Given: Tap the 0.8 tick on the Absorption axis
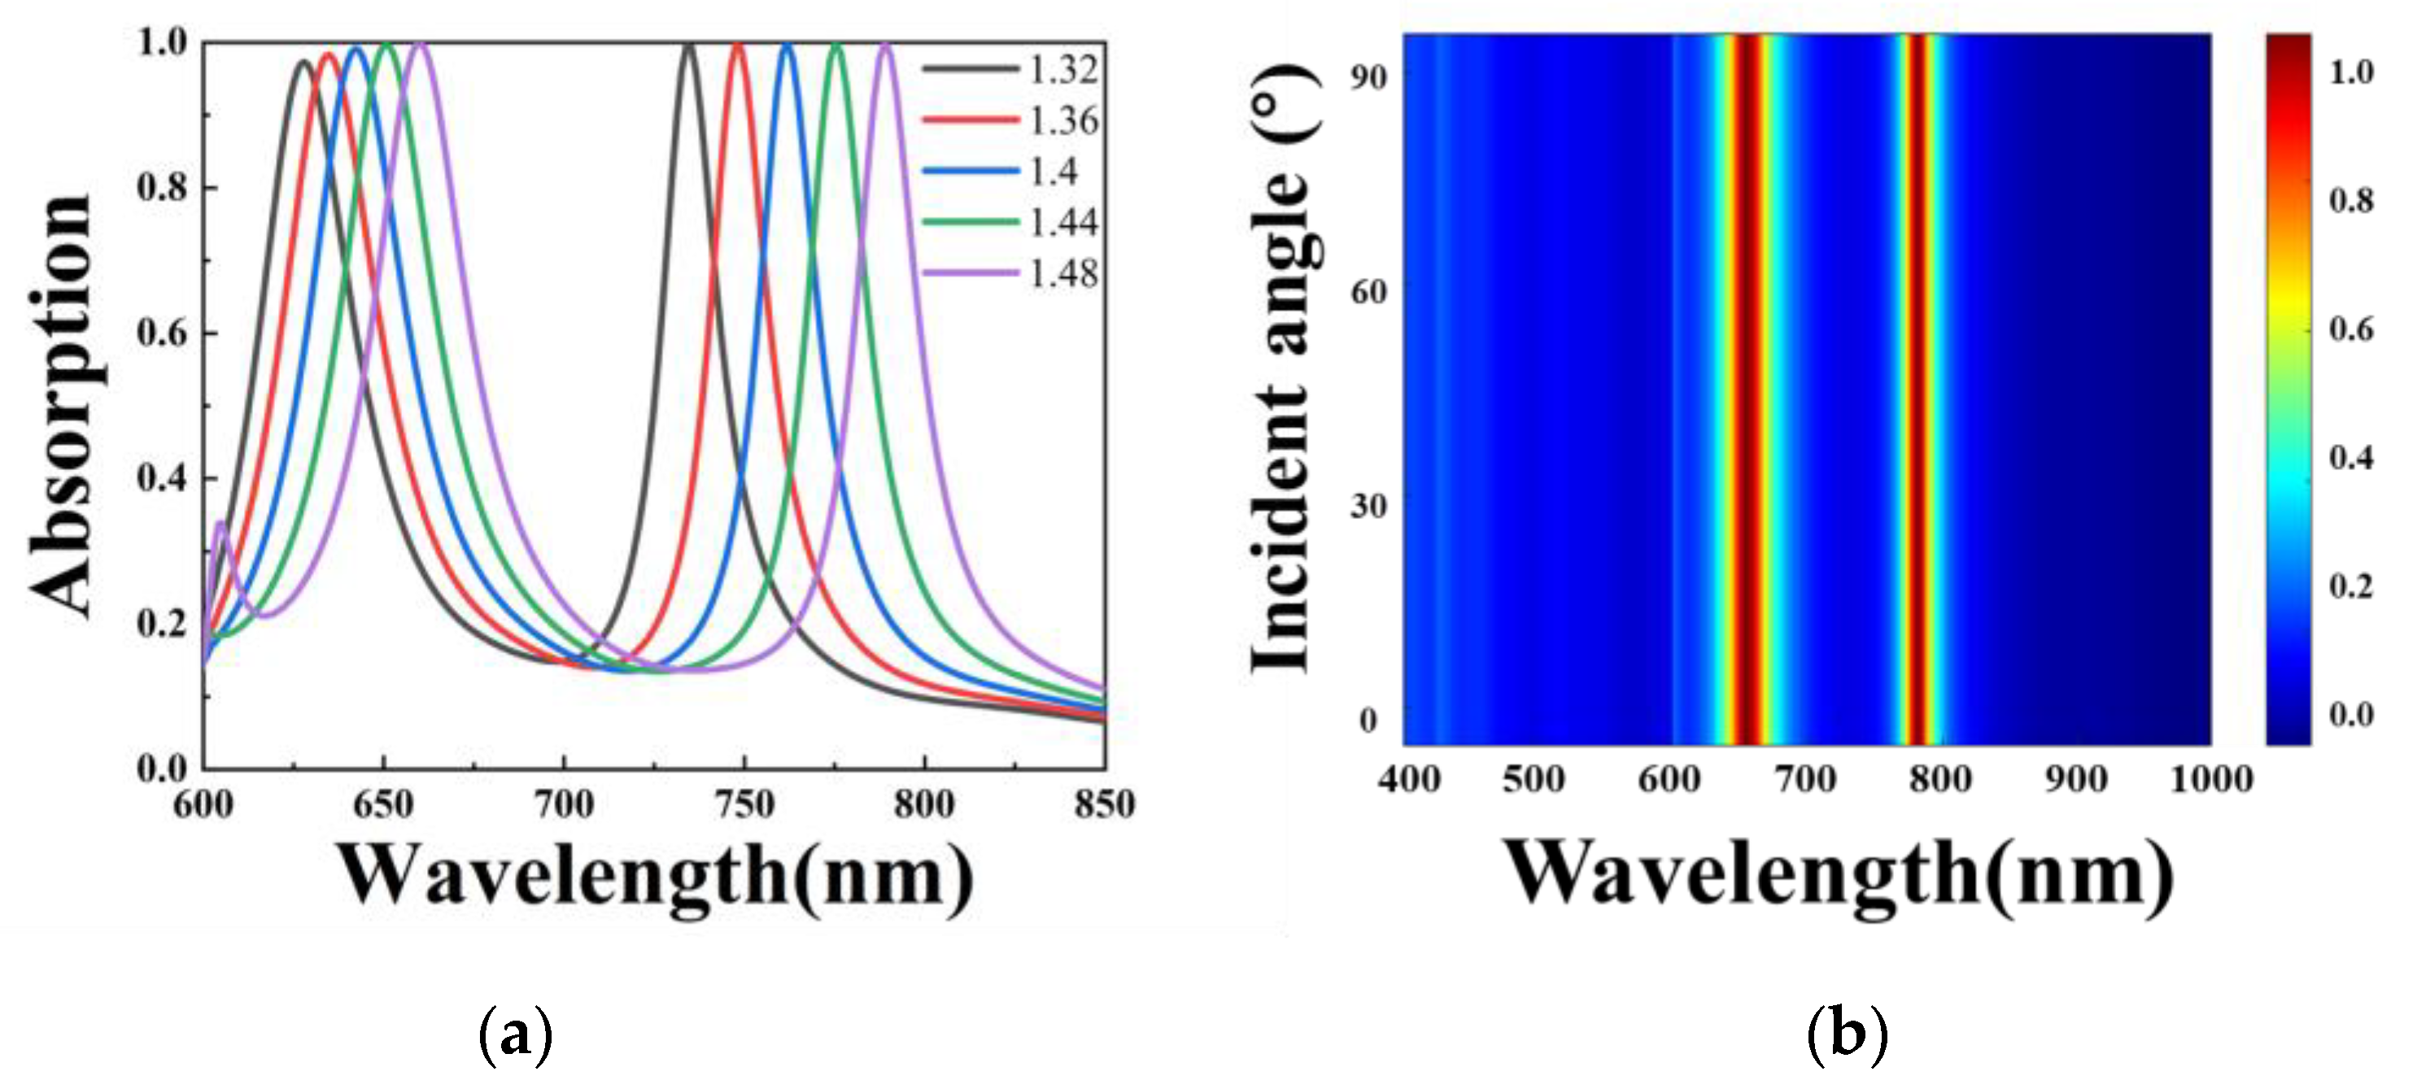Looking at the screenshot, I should (x=163, y=188).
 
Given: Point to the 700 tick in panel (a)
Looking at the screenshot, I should (x=564, y=804).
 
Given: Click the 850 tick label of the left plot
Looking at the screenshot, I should (x=1103, y=804).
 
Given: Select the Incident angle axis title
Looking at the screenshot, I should (x=1284, y=368).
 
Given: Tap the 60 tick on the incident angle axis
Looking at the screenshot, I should (x=1368, y=292).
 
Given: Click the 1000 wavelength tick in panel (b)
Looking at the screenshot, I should (x=2210, y=779).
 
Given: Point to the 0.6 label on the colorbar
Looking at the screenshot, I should (x=2350, y=329).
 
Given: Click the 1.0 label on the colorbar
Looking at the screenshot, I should (x=2350, y=72).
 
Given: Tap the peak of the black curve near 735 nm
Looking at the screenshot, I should (x=690, y=44).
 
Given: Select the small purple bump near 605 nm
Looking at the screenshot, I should (x=221, y=524).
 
